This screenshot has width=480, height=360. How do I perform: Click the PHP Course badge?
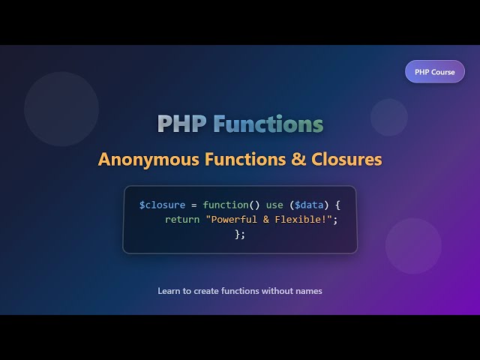[435, 72]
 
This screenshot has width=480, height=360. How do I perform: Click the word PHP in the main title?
[182, 124]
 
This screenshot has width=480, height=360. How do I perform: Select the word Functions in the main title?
[268, 124]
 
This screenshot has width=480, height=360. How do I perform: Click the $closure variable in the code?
[162, 205]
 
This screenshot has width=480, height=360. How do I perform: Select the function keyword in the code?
[226, 205]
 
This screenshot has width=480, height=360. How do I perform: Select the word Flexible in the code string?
[303, 220]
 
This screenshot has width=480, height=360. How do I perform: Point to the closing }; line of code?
[240, 235]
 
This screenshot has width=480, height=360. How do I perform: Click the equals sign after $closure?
[193, 205]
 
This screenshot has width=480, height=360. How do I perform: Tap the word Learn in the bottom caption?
[169, 290]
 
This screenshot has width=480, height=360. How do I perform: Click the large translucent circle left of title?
[61, 109]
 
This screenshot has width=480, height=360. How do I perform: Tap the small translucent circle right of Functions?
[389, 117]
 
